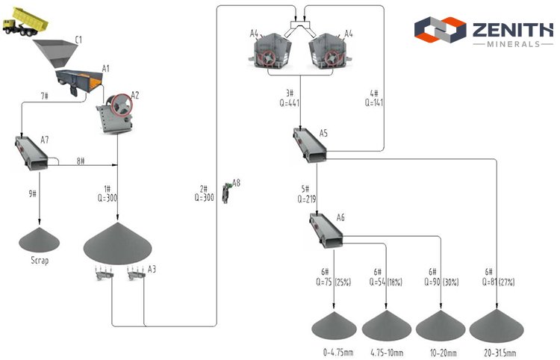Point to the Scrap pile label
40,261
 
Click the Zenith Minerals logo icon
440,31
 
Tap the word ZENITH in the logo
511,29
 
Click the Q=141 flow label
373,102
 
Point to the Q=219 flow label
307,199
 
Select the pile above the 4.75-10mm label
386,326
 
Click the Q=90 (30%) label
441,282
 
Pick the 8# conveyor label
80,161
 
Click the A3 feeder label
152,268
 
